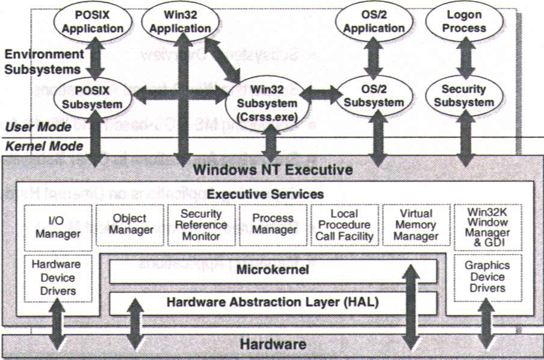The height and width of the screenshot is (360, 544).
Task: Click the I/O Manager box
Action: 58,226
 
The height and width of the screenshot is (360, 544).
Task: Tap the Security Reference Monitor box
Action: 201,225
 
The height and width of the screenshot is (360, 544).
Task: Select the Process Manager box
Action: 273,224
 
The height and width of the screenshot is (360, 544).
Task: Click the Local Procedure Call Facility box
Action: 344,225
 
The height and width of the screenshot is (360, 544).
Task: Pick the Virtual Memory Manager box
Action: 416,225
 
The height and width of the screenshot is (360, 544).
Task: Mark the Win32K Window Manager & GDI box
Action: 487,225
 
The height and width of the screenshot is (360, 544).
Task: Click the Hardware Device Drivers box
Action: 58,278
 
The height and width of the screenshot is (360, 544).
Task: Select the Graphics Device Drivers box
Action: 487,277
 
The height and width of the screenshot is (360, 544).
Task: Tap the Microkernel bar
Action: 273,270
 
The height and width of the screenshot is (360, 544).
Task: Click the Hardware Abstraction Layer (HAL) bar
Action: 273,302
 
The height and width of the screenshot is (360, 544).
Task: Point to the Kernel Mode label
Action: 44,146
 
